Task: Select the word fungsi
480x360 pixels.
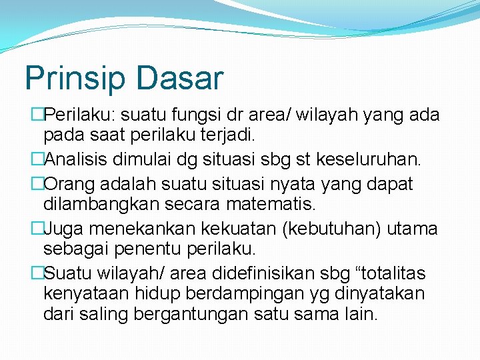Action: (192, 115)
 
